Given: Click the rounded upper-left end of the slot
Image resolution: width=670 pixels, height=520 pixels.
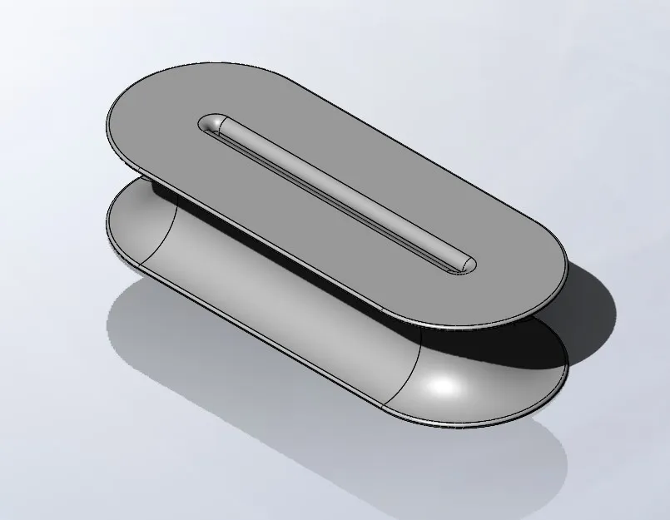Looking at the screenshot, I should (x=211, y=124).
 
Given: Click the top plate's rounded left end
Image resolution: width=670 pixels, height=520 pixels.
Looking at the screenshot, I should (x=125, y=125).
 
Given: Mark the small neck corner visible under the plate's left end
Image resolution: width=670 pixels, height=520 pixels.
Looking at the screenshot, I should (x=153, y=185).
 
